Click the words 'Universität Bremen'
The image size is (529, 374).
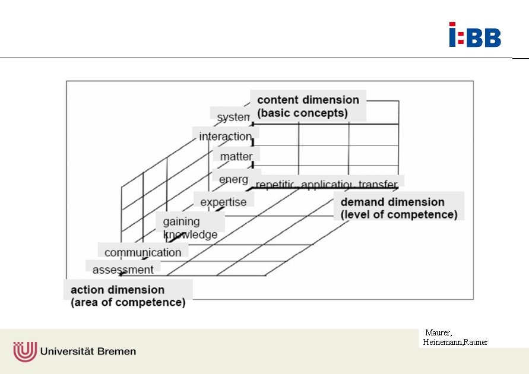tap(88, 351)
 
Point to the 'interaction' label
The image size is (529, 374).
tap(225, 137)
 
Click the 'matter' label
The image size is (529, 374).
tap(236, 157)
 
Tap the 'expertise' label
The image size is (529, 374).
tap(223, 202)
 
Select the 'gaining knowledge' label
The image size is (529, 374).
tap(190, 228)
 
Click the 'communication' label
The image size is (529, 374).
tap(142, 252)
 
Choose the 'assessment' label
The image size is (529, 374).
tap(123, 270)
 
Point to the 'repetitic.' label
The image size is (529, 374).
tap(276, 185)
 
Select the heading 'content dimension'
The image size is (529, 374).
tap(308, 100)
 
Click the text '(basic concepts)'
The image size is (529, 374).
tap(302, 113)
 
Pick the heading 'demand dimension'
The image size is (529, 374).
tap(392, 202)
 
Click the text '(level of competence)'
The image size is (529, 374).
tap(399, 214)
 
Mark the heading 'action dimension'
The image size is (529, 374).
tap(118, 290)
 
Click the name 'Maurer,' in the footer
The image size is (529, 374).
tap(438, 332)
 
